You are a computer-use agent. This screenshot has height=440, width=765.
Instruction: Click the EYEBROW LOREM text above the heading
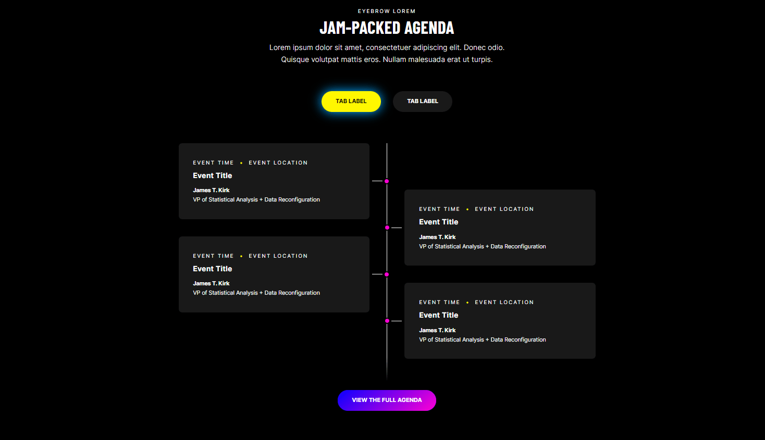(x=387, y=11)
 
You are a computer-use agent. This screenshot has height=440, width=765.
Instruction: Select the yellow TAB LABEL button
(x=351, y=102)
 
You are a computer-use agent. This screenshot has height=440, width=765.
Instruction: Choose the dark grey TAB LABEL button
(x=423, y=102)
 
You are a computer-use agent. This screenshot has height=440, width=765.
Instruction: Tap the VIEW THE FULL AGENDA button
(x=387, y=400)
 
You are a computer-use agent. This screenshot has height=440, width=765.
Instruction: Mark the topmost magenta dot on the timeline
(x=387, y=181)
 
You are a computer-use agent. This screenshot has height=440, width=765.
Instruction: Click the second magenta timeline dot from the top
(x=387, y=228)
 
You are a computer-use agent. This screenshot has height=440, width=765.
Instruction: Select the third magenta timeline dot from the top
(x=387, y=274)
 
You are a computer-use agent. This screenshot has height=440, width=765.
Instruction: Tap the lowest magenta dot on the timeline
(x=387, y=321)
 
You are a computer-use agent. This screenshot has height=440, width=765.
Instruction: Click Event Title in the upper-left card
(x=213, y=175)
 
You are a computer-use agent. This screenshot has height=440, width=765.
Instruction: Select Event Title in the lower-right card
(x=438, y=315)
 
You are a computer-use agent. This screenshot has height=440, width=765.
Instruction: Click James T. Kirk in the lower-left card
(x=211, y=283)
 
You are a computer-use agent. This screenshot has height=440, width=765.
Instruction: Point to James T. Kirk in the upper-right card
(x=437, y=237)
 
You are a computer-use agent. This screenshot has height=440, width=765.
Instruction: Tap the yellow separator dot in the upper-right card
(x=467, y=209)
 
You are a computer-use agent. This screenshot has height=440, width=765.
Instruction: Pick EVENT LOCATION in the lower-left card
(x=278, y=256)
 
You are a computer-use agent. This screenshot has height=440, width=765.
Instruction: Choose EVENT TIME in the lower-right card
(x=439, y=303)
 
